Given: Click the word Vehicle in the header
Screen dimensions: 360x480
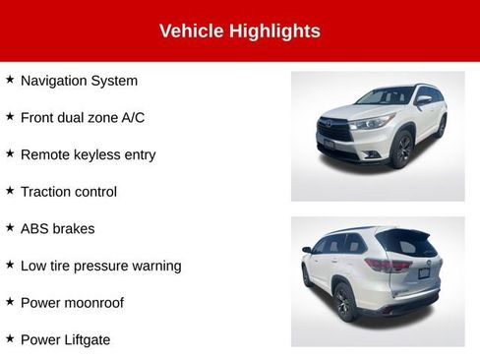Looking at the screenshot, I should pyautogui.click(x=191, y=31).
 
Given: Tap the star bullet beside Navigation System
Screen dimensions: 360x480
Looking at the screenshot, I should pyautogui.click(x=10, y=80).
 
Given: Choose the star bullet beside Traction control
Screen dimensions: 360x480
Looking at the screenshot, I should pyautogui.click(x=10, y=191).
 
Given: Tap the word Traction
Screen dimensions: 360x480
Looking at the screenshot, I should pyautogui.click(x=46, y=192).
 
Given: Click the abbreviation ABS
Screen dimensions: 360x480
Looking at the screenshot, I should pyautogui.click(x=34, y=228).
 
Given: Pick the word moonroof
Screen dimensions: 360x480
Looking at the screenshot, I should pyautogui.click(x=94, y=303).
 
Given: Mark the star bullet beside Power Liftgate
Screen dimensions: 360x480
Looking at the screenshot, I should pyautogui.click(x=10, y=338).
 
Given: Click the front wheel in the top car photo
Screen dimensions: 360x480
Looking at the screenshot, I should pyautogui.click(x=401, y=150).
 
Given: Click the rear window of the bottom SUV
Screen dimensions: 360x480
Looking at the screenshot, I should pyautogui.click(x=405, y=242).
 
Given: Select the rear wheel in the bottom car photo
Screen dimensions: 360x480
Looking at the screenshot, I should pyautogui.click(x=342, y=302).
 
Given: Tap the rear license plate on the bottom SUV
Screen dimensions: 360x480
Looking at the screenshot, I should pyautogui.click(x=424, y=272).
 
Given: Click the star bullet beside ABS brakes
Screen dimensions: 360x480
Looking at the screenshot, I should pyautogui.click(x=10, y=227).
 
